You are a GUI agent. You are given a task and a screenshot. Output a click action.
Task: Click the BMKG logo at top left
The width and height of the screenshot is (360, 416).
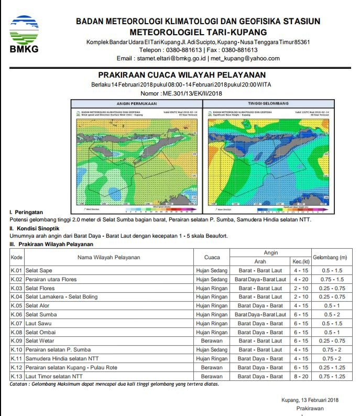click(x=24, y=33)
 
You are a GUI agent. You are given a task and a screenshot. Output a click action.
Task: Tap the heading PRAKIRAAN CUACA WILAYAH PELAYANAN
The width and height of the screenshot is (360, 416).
click(x=182, y=76)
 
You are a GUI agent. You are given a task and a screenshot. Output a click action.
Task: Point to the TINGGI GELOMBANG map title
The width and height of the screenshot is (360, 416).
click(x=268, y=103)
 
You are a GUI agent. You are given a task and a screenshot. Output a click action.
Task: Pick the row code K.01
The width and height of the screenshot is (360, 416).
click(x=17, y=270)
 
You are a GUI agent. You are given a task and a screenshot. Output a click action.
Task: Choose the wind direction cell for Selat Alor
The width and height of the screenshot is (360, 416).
click(x=260, y=306)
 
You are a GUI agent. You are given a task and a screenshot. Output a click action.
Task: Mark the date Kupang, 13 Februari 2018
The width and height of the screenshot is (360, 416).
click(x=310, y=400)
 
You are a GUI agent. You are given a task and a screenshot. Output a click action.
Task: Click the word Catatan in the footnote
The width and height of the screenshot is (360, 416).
click(x=21, y=384)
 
